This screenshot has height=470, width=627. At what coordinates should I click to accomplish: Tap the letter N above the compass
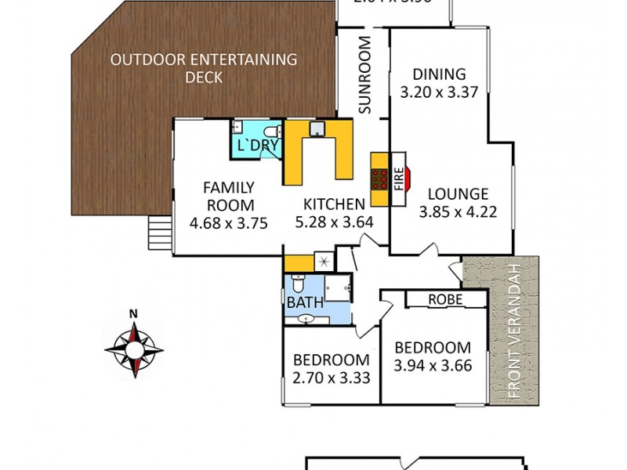pos(134,315)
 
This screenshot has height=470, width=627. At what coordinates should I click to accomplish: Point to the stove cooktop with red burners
pos(380,179)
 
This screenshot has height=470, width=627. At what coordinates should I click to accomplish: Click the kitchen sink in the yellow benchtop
pos(317,130)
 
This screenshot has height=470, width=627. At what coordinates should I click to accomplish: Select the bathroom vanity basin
pos(306,319)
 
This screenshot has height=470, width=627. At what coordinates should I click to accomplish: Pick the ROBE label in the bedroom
pos(444,299)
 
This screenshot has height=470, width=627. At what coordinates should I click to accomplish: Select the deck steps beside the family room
pos(159,232)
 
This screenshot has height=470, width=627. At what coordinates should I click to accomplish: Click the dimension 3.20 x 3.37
pos(440,92)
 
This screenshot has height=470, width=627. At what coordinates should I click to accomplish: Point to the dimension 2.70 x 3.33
pos(331,378)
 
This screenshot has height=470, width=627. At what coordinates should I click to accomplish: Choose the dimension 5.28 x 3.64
pos(334,222)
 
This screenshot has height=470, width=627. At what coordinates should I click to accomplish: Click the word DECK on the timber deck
pos(204,78)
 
